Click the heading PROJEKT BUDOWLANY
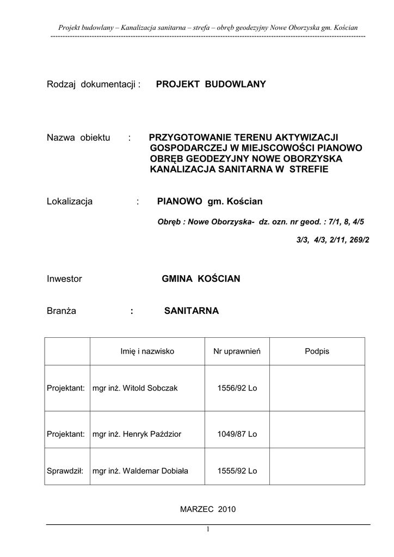point(211,84)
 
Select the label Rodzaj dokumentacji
point(94,84)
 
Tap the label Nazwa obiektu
point(78,138)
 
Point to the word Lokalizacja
point(70,202)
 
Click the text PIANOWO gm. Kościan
point(210,202)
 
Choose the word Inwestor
point(64,279)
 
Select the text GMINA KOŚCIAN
point(201,279)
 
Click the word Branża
point(61,311)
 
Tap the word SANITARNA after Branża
point(191,311)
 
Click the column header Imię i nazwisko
point(147,352)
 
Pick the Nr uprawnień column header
point(237,352)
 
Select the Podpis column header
point(317,352)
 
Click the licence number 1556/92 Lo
point(237,388)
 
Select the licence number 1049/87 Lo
point(237,434)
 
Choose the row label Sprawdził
point(65,471)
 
